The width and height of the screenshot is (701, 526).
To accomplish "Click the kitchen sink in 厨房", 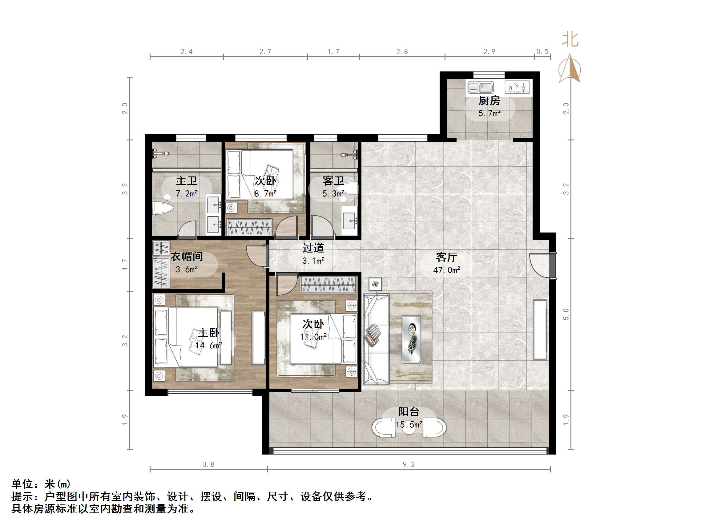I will (481, 87).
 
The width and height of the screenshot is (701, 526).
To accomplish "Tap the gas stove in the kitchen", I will (517, 87).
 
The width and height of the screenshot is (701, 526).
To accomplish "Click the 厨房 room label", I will (489, 101).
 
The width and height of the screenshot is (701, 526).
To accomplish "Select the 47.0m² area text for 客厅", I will (446, 270).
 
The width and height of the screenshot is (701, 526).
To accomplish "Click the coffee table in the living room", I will (411, 339).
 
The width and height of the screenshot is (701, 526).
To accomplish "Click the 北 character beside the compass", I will (570, 40).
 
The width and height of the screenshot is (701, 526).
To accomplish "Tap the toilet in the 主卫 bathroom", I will (163, 208).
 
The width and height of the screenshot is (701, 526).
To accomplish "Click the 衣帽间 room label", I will (187, 257).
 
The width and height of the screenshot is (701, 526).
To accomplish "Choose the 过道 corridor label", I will (313, 248).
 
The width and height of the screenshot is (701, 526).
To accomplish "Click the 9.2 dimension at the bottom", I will (409, 464).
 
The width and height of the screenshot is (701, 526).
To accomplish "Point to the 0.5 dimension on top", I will (542, 52).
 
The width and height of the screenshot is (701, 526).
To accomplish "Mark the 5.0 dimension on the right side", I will (566, 314).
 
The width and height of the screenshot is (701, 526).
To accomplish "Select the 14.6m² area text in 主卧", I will (208, 346).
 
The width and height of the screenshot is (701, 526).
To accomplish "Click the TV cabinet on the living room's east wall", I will (540, 330).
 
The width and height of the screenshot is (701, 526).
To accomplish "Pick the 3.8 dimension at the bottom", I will (208, 464).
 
